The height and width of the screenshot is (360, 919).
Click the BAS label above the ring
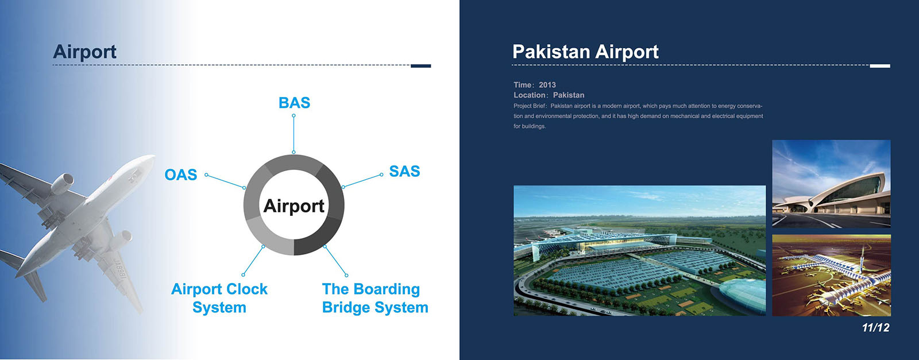point(294,103)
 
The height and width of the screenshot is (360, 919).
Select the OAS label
point(180,175)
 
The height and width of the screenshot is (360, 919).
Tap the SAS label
point(404,171)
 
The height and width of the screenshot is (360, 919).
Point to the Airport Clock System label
point(219,298)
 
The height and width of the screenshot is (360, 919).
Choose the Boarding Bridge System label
point(375,298)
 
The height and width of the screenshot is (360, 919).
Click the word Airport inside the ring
point(294,206)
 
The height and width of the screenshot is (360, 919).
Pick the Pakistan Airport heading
point(585,52)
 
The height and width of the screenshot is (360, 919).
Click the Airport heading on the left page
point(84,52)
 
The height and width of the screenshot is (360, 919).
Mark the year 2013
point(547,85)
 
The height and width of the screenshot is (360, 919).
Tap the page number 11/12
point(875,328)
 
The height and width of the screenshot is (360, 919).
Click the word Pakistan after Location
point(569,95)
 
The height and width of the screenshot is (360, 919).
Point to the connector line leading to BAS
point(294,134)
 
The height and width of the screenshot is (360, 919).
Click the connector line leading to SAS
point(362,180)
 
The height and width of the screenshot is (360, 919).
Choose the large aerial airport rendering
point(640,250)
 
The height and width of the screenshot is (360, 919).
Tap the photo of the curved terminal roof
point(831,184)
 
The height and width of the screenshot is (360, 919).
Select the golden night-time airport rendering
point(831,275)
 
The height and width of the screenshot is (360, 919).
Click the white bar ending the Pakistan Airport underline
point(880,66)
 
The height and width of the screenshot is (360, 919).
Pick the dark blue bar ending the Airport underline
point(421,66)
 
